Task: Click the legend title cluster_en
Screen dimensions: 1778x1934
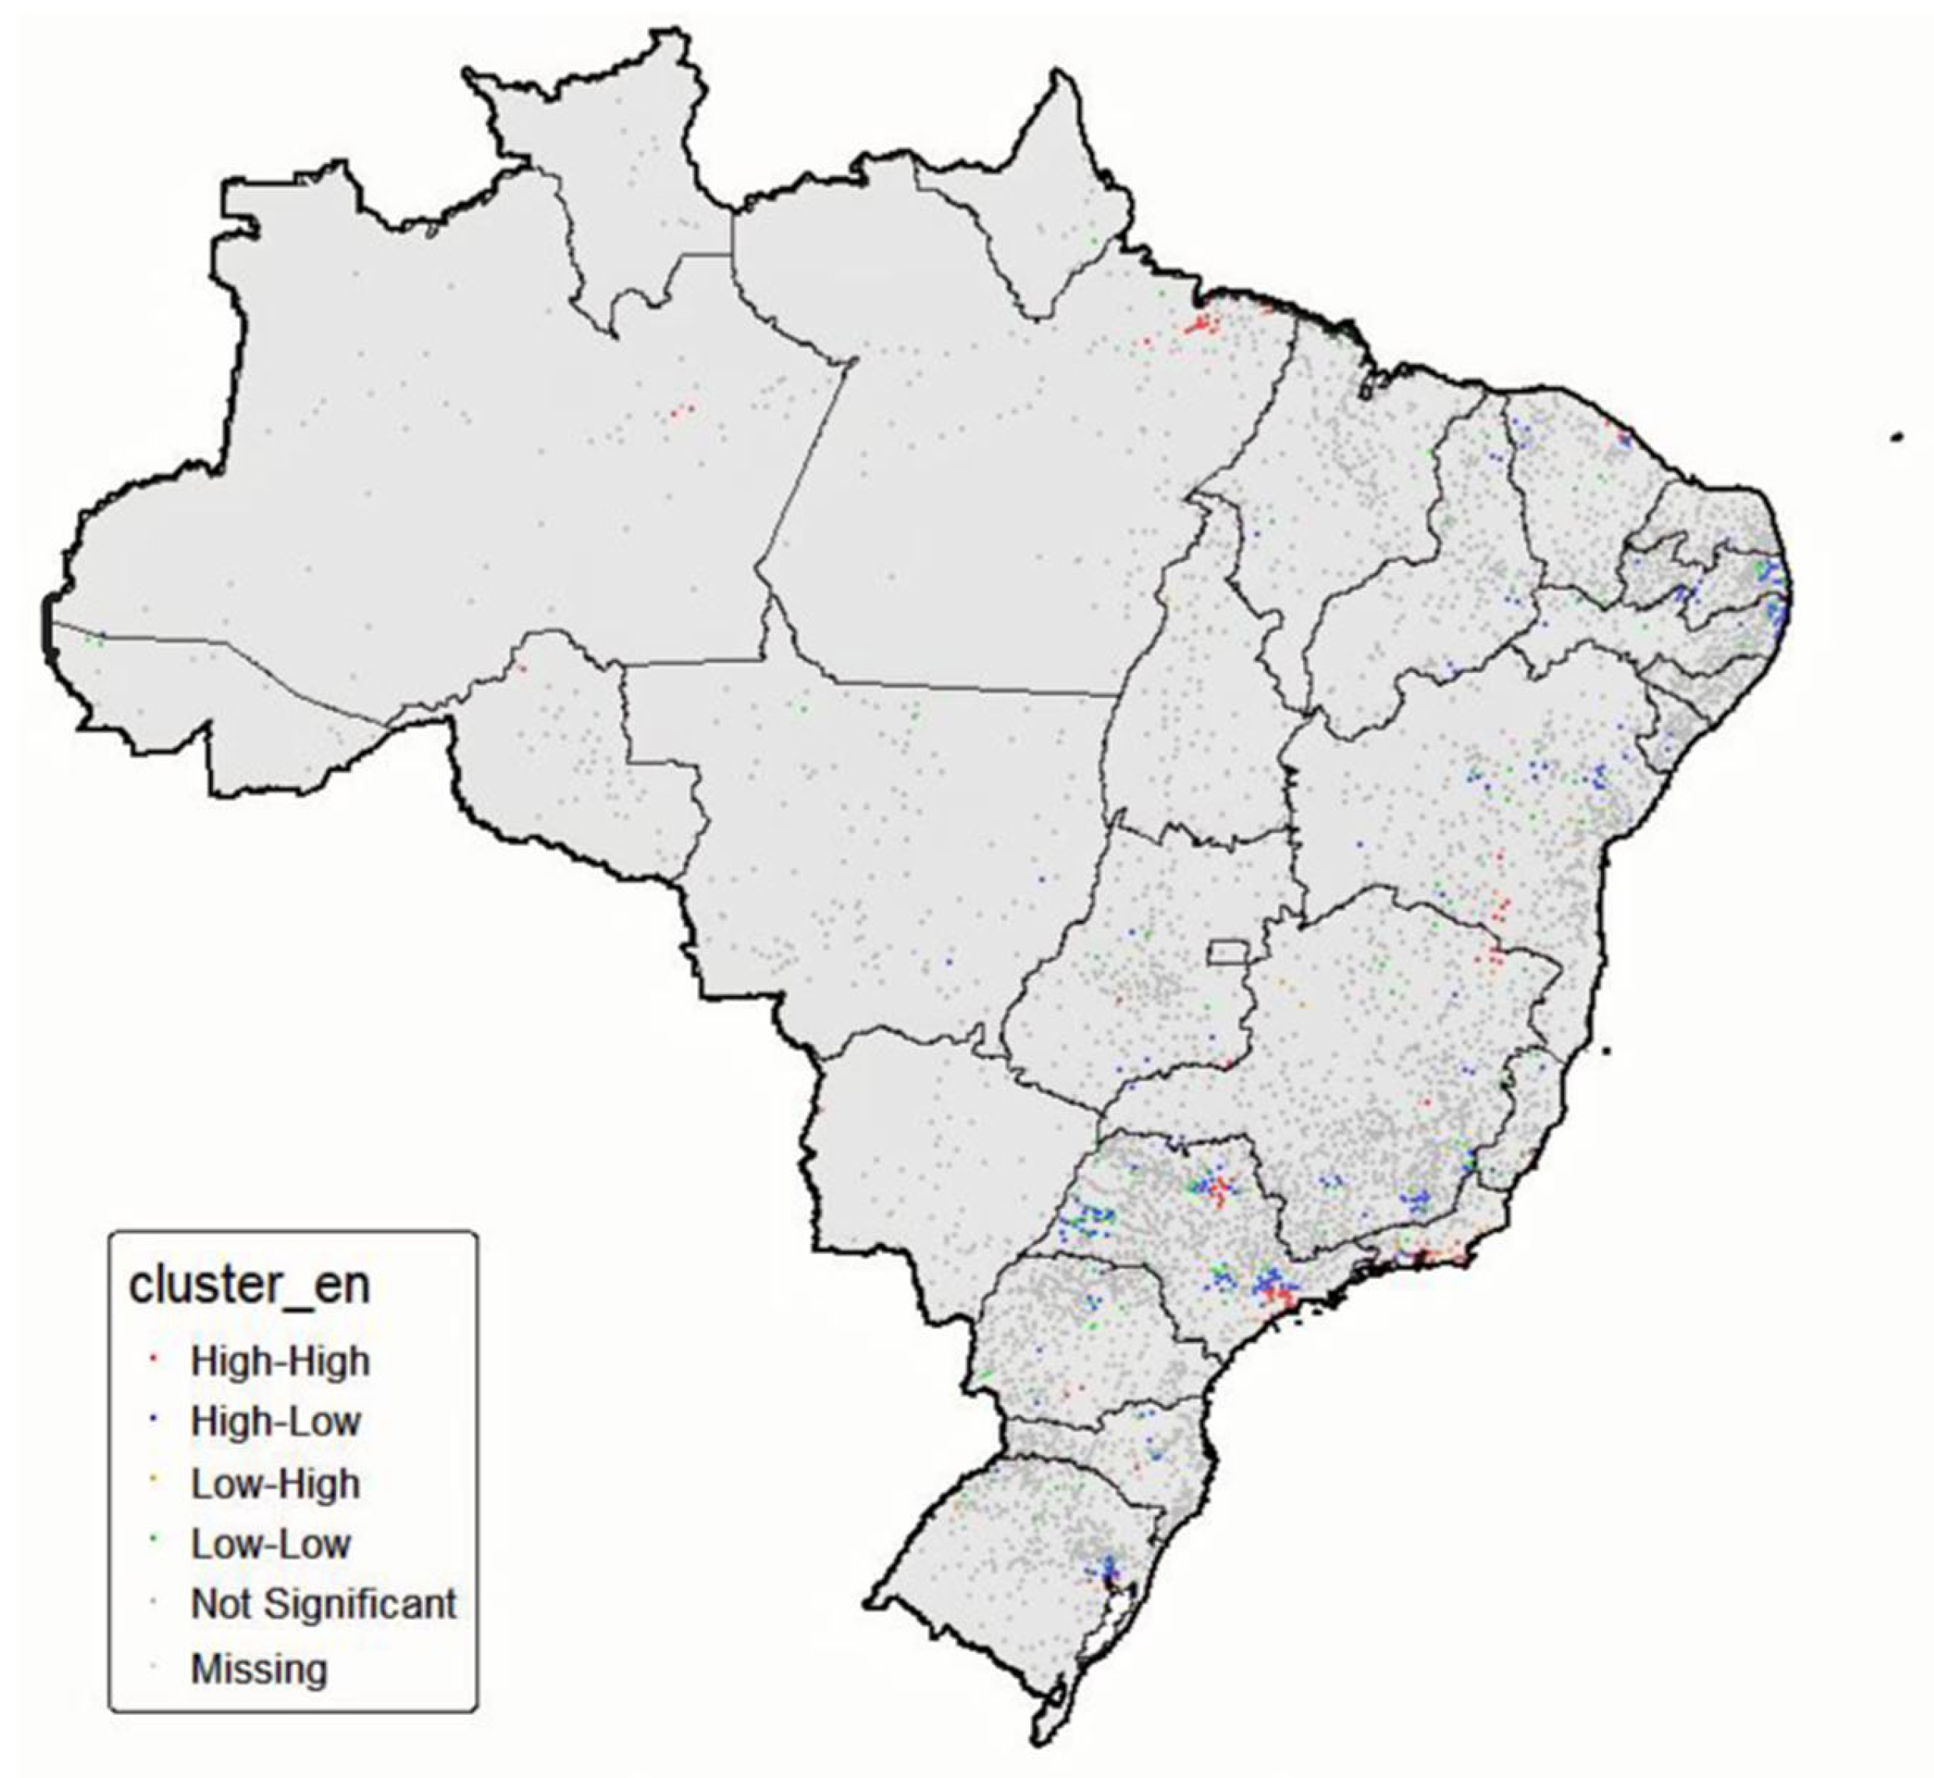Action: (250, 1284)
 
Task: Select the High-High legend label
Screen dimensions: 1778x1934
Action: (280, 1361)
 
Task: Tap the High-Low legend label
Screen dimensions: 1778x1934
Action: (276, 1421)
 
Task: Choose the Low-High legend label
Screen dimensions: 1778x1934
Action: (275, 1482)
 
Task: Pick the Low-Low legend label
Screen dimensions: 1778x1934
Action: (271, 1543)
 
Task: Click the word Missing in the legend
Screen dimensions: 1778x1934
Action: (259, 1667)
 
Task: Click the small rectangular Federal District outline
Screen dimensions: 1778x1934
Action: (1227, 951)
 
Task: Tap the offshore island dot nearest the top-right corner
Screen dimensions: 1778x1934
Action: (1897, 437)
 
